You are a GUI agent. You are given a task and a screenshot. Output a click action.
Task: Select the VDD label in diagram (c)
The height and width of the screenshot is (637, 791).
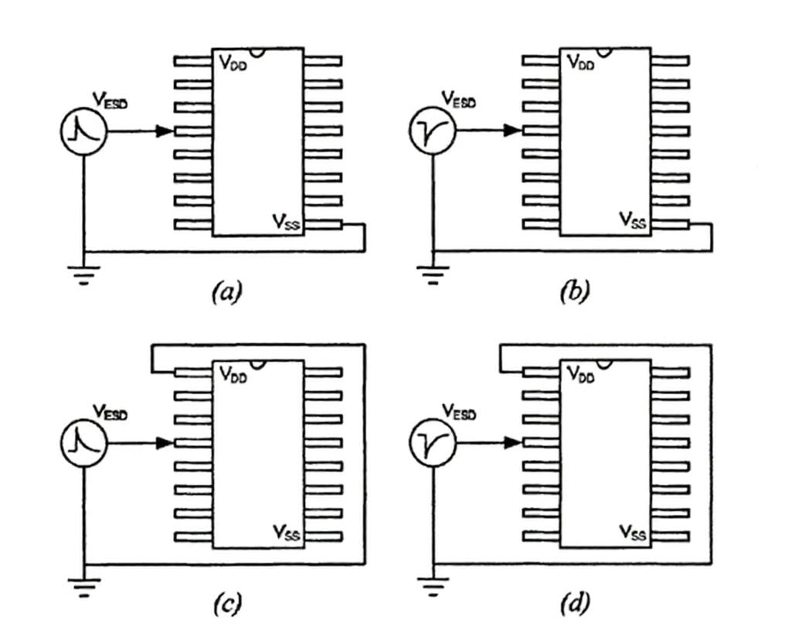233,374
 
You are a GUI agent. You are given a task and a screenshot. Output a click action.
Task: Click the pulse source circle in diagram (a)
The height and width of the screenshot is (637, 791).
83,131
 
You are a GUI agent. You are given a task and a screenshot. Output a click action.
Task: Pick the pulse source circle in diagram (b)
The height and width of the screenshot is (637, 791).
433,131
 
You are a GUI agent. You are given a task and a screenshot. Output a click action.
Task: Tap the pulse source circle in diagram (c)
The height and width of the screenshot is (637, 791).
83,443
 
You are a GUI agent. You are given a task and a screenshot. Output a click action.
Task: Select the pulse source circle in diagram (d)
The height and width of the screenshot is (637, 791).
433,443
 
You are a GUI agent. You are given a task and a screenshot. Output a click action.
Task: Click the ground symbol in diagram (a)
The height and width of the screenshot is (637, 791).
83,275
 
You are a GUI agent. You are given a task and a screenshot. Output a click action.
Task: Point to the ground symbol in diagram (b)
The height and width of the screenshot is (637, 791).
433,275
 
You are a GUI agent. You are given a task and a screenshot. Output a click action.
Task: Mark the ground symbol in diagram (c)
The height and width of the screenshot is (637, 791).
83,588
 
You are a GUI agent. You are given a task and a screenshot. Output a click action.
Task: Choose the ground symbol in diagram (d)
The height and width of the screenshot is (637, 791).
433,587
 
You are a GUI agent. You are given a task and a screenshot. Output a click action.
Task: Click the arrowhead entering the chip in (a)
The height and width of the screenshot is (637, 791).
165,131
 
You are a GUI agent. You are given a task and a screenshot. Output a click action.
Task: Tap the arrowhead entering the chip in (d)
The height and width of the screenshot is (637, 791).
513,443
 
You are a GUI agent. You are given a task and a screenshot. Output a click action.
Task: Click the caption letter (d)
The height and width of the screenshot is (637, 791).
575,603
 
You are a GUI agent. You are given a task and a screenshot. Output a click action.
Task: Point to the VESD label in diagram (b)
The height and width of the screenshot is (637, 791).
459,99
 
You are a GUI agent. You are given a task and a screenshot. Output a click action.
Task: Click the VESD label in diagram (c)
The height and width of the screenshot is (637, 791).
110,411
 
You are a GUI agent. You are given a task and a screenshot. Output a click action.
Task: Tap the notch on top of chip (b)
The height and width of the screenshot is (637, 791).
604,53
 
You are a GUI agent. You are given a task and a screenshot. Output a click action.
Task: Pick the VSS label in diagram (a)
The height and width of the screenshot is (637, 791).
286,221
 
